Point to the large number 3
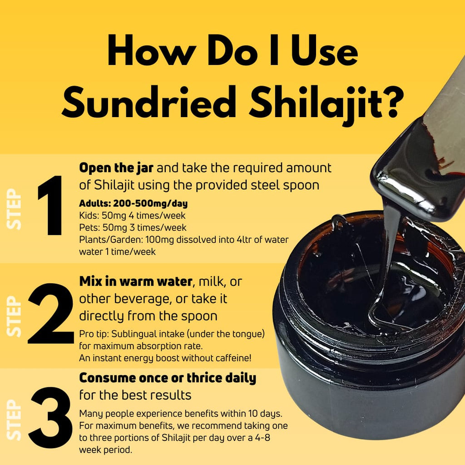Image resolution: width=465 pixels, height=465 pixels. coord(50,418)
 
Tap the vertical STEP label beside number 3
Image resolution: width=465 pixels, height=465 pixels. coord(15,420)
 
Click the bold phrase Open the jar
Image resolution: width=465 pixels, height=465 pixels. coord(117,168)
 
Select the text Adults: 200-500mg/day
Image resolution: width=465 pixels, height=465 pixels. coord(133,203)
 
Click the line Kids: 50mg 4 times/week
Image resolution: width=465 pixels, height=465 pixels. coord(132,215)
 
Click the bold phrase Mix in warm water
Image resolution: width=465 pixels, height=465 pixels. coord(135,282)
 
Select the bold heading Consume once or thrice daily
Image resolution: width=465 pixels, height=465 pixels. coord(168,378)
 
